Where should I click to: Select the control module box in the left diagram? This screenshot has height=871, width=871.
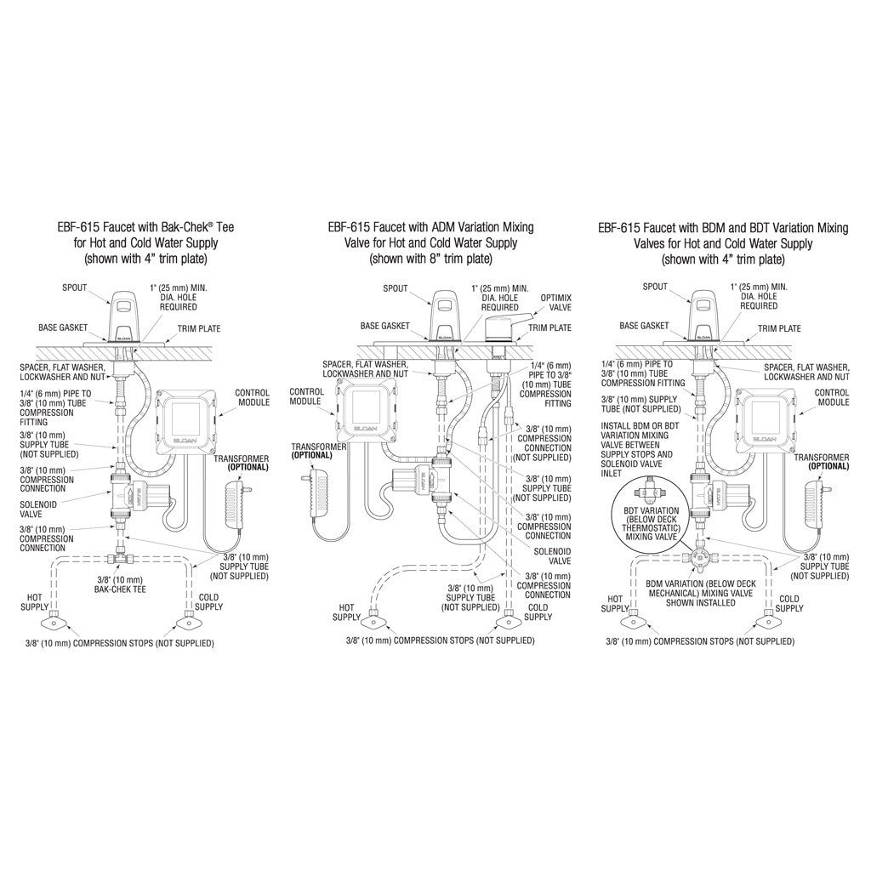pyautogui.click(x=184, y=418)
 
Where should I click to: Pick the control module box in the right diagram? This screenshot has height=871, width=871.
pyautogui.click(x=765, y=418)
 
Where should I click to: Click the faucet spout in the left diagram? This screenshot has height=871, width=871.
pyautogui.click(x=124, y=317)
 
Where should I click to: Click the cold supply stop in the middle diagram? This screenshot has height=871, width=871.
pyautogui.click(x=508, y=620)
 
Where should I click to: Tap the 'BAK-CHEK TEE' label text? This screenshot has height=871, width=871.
pyautogui.click(x=120, y=584)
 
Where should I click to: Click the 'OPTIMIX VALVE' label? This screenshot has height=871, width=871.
pyautogui.click(x=555, y=303)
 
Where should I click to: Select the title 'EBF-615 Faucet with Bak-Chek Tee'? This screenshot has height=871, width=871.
pyautogui.click(x=146, y=227)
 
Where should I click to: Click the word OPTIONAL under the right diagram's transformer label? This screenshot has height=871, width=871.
pyautogui.click(x=828, y=467)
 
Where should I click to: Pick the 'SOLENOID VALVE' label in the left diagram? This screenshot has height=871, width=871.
pyautogui.click(x=38, y=510)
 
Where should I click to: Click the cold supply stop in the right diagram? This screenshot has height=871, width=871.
pyautogui.click(x=769, y=620)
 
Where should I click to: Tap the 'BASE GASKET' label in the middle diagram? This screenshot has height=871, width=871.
pyautogui.click(x=384, y=326)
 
